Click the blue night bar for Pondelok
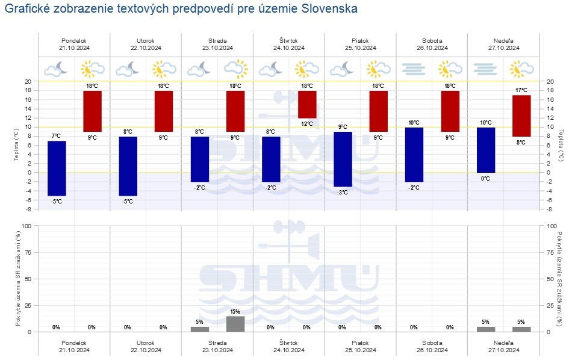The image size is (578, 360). tap(57, 168)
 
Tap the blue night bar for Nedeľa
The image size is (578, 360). tap(486, 149)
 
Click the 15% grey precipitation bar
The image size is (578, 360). tap(235, 323)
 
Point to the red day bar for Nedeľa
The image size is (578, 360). tap(521, 116)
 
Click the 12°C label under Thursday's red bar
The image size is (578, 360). tap(307, 124)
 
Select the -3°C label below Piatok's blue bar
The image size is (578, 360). tap(343, 192)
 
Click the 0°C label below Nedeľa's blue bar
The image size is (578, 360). tap(486, 178)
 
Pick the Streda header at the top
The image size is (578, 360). tap(217, 40)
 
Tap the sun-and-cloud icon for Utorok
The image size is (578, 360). tap(164, 69)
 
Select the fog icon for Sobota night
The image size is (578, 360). tap(414, 69)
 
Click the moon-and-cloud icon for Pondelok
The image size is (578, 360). tap(57, 69)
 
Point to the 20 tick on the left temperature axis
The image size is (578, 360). tap(28, 81)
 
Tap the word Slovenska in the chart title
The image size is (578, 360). tap(328, 9)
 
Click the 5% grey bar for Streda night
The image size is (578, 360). tap(200, 329)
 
